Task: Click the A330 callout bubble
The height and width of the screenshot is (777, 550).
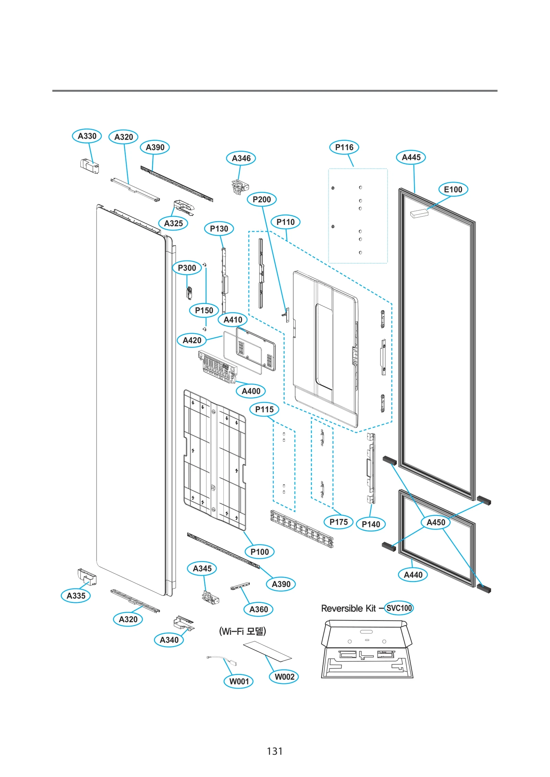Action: coord(87,136)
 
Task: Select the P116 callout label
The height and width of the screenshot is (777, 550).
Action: coord(344,147)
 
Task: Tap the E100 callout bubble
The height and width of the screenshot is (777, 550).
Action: coord(453,189)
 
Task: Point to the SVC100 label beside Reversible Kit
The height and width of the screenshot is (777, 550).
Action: coord(398,608)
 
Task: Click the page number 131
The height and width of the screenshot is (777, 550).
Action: coord(274,751)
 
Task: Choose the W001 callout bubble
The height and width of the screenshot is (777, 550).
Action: coord(239,681)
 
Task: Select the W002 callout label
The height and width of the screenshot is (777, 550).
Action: coord(284,677)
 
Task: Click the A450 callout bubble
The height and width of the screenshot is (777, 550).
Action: coord(436,522)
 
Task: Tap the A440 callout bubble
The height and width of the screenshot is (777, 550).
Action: coord(412,575)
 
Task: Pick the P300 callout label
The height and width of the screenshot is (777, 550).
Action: coord(187,268)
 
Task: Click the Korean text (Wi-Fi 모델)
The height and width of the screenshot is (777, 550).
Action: coord(242,631)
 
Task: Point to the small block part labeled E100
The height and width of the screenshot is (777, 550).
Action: coord(419,213)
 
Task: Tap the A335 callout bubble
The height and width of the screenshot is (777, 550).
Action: coord(76,596)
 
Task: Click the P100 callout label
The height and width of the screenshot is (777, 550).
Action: coord(259,552)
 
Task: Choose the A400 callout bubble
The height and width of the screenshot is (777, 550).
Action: coord(251,391)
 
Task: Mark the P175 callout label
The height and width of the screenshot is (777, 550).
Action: coord(338,522)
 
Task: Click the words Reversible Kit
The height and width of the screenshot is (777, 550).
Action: coord(348,608)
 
